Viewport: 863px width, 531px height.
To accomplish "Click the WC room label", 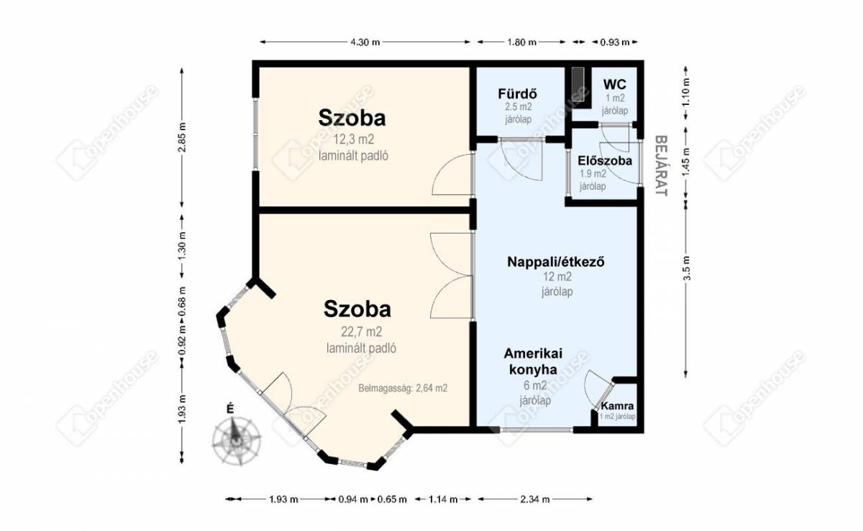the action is point(614,84).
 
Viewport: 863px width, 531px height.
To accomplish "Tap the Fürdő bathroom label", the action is point(517,94).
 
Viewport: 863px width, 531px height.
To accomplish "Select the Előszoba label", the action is point(605,160).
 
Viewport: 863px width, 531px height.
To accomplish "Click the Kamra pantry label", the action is point(617,406).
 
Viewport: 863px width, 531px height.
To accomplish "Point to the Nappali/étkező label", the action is point(556,262).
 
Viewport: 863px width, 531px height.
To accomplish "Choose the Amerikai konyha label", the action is point(533,361).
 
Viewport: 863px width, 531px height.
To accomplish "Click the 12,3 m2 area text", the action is point(353,139).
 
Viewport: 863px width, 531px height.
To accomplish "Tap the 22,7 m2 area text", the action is point(361,332).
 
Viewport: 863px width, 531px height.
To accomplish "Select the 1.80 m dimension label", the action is point(521,42).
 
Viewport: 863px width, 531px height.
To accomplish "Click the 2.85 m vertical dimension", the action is point(182,137).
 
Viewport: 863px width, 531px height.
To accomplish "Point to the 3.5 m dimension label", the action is point(687,268).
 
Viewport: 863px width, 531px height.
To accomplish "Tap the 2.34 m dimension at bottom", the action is point(535,499).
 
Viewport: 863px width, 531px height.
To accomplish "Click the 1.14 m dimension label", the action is point(443,499).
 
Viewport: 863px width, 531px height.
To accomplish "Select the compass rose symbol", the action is point(236,440).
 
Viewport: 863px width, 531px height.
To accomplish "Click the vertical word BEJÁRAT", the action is point(661,165).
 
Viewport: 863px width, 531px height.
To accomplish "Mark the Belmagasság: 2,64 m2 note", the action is point(403,388).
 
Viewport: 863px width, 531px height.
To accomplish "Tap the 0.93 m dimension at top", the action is point(614,42).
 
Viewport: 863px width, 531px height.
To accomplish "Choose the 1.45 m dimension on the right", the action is point(687,163).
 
